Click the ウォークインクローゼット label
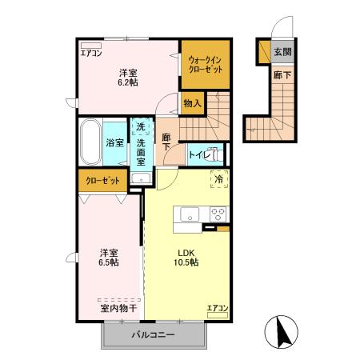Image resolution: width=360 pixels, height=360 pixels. pyautogui.click(x=206, y=63)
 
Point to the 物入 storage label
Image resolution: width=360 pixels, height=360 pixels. pyautogui.click(x=192, y=103)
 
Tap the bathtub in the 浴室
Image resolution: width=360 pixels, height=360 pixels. pyautogui.click(x=90, y=142)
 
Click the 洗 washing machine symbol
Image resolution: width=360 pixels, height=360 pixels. pyautogui.click(x=140, y=126)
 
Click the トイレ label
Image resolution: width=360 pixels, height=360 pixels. pyautogui.click(x=198, y=154)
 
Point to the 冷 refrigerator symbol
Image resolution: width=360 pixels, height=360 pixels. pyautogui.click(x=219, y=180)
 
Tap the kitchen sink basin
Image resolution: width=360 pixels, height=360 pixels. pyautogui.click(x=190, y=214)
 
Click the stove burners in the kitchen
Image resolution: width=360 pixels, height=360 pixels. pyautogui.click(x=218, y=214)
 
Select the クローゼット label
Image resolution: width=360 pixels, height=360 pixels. pyautogui.click(x=103, y=181)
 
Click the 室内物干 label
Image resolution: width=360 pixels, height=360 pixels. pyautogui.click(x=117, y=308)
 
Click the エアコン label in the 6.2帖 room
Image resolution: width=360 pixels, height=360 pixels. pyautogui.click(x=90, y=54)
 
